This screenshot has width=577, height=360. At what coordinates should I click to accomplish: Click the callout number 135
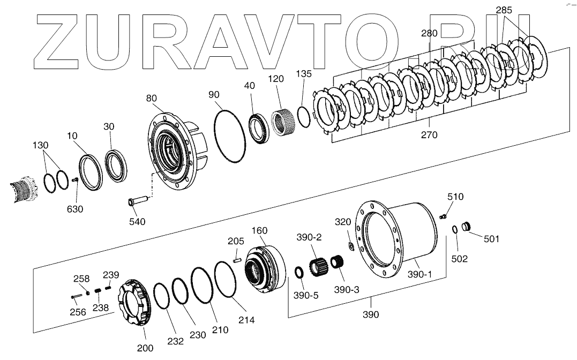303,74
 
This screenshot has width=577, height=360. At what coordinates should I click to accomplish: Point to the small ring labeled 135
303,117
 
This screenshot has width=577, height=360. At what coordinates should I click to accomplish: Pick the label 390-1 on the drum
419,274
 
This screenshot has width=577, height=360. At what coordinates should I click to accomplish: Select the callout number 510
455,197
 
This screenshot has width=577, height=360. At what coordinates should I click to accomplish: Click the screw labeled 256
76,295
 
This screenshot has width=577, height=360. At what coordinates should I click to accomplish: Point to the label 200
145,348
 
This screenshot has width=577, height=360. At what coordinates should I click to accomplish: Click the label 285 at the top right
503,10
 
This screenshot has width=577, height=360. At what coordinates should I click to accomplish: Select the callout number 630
74,209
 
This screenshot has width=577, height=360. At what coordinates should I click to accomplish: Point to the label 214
247,320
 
